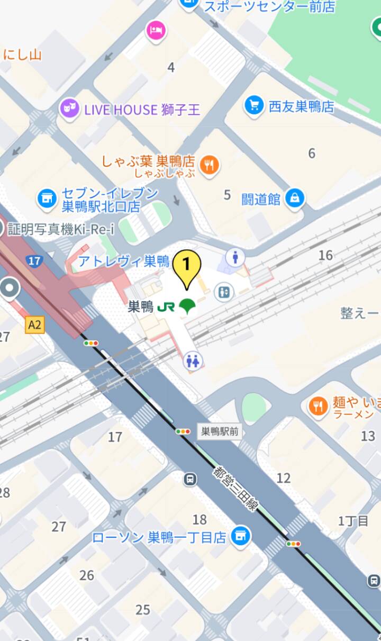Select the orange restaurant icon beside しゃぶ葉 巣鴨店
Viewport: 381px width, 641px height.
click(x=211, y=165)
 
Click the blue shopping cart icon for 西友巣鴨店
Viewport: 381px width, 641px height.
click(x=255, y=105)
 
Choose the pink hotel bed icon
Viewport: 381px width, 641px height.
click(x=156, y=30)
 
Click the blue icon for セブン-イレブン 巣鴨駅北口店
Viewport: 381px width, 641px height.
click(x=47, y=198)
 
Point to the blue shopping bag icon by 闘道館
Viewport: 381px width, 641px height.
click(x=295, y=198)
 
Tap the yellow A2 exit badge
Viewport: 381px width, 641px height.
click(x=34, y=325)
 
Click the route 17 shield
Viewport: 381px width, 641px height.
click(x=34, y=260)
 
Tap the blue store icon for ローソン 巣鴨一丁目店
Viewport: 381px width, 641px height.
click(x=241, y=537)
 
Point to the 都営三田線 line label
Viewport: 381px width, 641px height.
click(x=236, y=489)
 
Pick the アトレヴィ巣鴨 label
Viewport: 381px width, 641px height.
click(x=124, y=261)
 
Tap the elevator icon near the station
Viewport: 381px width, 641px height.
click(x=224, y=291)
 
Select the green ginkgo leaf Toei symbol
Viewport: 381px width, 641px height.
click(x=186, y=306)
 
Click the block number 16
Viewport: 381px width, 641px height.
click(x=325, y=255)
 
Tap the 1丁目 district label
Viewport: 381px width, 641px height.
click(x=353, y=520)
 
